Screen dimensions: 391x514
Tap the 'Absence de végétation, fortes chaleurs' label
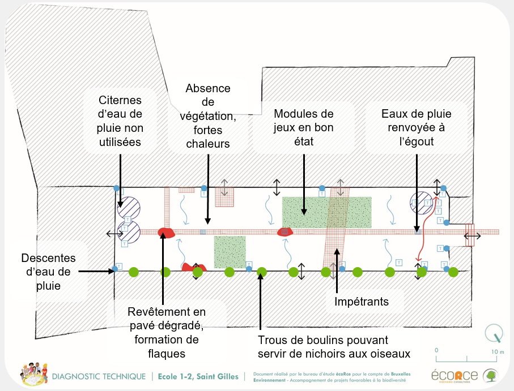click(x=208, y=116)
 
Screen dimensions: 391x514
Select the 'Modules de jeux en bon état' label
click(x=303, y=127)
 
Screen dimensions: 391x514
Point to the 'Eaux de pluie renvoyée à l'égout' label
click(x=416, y=127)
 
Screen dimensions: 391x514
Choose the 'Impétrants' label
click(x=362, y=302)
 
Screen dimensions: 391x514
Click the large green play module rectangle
click(x=326, y=213)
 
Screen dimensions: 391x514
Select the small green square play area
click(x=230, y=252)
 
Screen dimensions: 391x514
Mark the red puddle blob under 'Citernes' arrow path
click(x=165, y=232)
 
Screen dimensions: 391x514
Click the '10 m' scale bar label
click(x=498, y=351)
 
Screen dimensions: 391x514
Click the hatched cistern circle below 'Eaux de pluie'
click(x=421, y=201)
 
